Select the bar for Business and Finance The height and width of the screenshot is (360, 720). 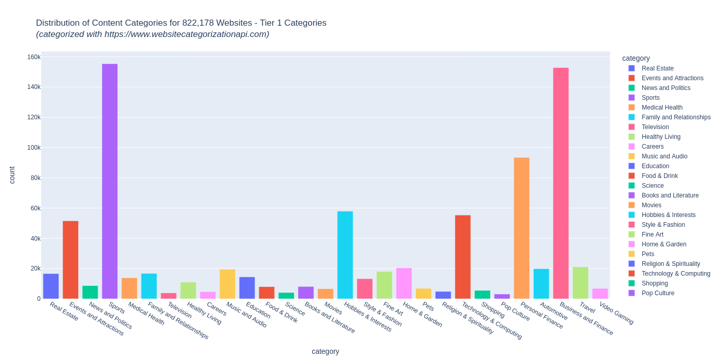pos(561,183)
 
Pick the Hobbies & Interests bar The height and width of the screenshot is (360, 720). pos(345,255)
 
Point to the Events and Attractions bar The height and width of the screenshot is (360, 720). pos(70,260)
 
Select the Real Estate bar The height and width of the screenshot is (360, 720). pos(51,286)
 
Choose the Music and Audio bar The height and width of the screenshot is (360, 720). pos(227,284)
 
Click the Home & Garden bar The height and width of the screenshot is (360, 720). pos(404,283)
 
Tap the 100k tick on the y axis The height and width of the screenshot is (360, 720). pos(34,148)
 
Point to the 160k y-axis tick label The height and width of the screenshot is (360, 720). pos(34,57)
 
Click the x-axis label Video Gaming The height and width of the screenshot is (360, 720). pos(616,313)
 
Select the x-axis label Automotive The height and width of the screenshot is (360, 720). pos(553,311)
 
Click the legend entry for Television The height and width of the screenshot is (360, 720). pos(655,127)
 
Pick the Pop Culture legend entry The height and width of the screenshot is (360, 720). pos(658,293)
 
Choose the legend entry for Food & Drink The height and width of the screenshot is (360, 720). pos(659,176)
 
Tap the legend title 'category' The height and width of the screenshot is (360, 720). pos(636,58)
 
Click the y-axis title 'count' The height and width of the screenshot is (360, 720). pos(12,175)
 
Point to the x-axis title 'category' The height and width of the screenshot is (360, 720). pos(325,351)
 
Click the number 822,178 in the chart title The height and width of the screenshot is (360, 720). pos(199,23)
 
